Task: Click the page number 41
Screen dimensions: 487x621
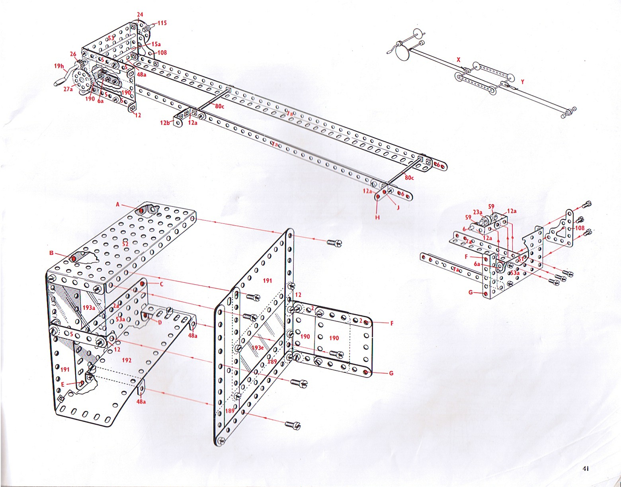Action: pos(585,468)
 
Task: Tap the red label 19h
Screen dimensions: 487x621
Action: pos(59,66)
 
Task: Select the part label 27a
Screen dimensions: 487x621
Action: pos(68,88)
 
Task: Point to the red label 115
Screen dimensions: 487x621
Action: pos(162,23)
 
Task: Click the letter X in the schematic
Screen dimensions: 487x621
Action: pos(459,59)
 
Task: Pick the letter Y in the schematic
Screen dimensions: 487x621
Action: pos(523,81)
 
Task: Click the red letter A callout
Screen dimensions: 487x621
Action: pos(118,204)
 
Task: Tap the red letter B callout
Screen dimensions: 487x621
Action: pos(51,252)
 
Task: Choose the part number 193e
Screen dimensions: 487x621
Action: pos(258,348)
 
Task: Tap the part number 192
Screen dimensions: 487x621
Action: pos(126,360)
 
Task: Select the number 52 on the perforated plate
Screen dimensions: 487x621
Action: pos(125,243)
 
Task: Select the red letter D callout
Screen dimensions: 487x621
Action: pos(160,322)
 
